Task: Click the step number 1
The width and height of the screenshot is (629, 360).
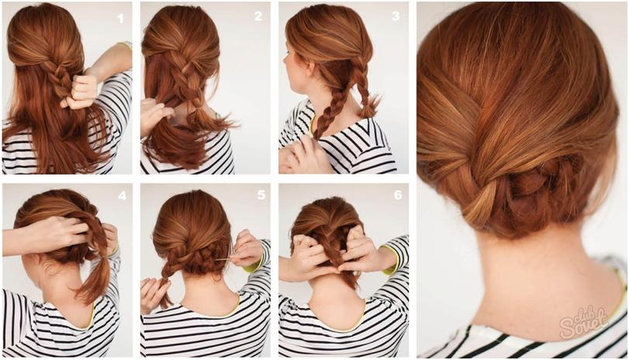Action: click(x=120, y=18)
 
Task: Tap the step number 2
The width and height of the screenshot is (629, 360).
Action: click(x=258, y=16)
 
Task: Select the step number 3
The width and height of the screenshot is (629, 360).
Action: click(x=396, y=16)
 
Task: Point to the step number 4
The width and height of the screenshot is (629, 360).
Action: click(x=122, y=196)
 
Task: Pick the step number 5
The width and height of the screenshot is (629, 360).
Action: click(x=261, y=195)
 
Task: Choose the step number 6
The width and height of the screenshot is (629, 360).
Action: click(x=398, y=195)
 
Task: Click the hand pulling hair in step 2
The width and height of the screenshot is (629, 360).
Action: click(x=154, y=116)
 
